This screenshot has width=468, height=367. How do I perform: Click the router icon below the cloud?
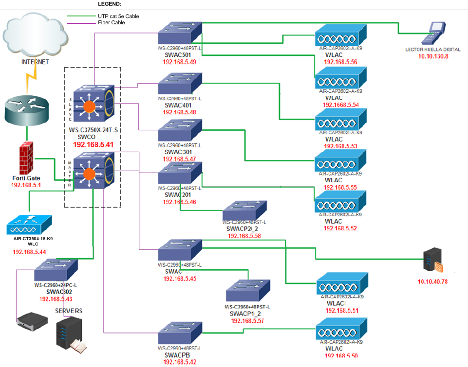point(27,109)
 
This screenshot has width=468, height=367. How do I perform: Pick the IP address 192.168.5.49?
point(179,62)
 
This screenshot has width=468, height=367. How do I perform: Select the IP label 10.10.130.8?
point(433,56)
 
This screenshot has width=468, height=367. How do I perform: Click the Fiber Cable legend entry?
point(112,22)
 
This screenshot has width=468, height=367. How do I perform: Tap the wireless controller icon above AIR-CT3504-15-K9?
point(29,224)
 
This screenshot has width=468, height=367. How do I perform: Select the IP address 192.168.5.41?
point(93,144)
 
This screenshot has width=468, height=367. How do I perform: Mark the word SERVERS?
point(68,311)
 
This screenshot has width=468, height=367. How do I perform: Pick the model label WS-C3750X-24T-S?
point(93,130)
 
